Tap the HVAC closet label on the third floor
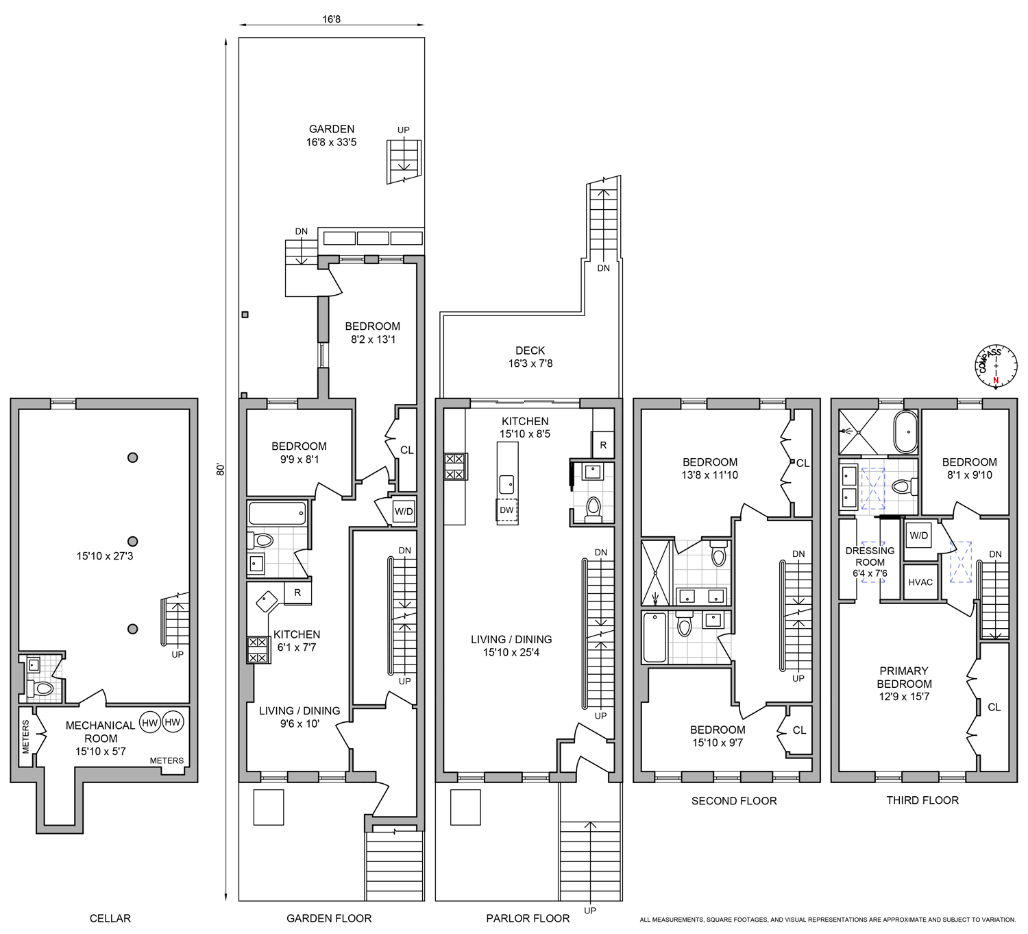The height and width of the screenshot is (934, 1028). click(x=920, y=582)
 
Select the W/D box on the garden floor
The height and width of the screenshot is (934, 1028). click(x=403, y=512)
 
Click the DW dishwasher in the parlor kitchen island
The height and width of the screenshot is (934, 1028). click(x=507, y=510)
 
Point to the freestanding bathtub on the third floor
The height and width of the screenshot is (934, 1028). click(x=905, y=431)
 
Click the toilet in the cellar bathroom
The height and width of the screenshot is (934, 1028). click(x=39, y=688)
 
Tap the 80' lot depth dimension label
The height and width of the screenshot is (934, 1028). click(x=221, y=469)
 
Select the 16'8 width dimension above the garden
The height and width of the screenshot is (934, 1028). click(x=332, y=19)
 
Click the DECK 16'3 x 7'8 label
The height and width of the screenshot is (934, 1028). click(x=530, y=357)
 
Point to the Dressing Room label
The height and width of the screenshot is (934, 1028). click(x=870, y=562)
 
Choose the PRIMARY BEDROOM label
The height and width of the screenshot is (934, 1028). click(x=904, y=684)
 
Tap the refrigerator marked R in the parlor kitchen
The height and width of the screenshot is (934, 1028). click(x=603, y=444)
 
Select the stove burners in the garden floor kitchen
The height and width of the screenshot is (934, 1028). click(x=258, y=650)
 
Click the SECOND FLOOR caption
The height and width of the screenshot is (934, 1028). click(x=734, y=801)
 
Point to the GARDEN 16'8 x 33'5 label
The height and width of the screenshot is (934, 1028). click(x=332, y=135)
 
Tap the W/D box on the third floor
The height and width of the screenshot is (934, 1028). click(x=918, y=536)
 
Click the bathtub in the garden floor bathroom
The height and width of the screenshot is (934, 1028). click(x=278, y=513)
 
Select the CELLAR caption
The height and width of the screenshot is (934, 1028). click(x=110, y=918)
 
